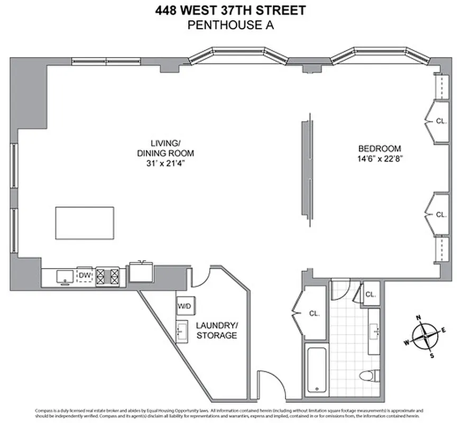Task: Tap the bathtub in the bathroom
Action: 316,369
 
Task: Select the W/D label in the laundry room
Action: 184,306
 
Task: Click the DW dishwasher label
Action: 85,274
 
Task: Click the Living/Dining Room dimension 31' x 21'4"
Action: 165,163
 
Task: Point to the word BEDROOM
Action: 379,149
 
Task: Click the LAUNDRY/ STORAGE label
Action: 217,330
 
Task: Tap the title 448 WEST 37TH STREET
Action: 230,10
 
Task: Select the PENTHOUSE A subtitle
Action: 230,24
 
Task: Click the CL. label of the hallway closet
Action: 315,314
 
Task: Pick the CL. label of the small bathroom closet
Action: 370,295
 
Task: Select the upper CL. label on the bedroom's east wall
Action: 441,121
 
